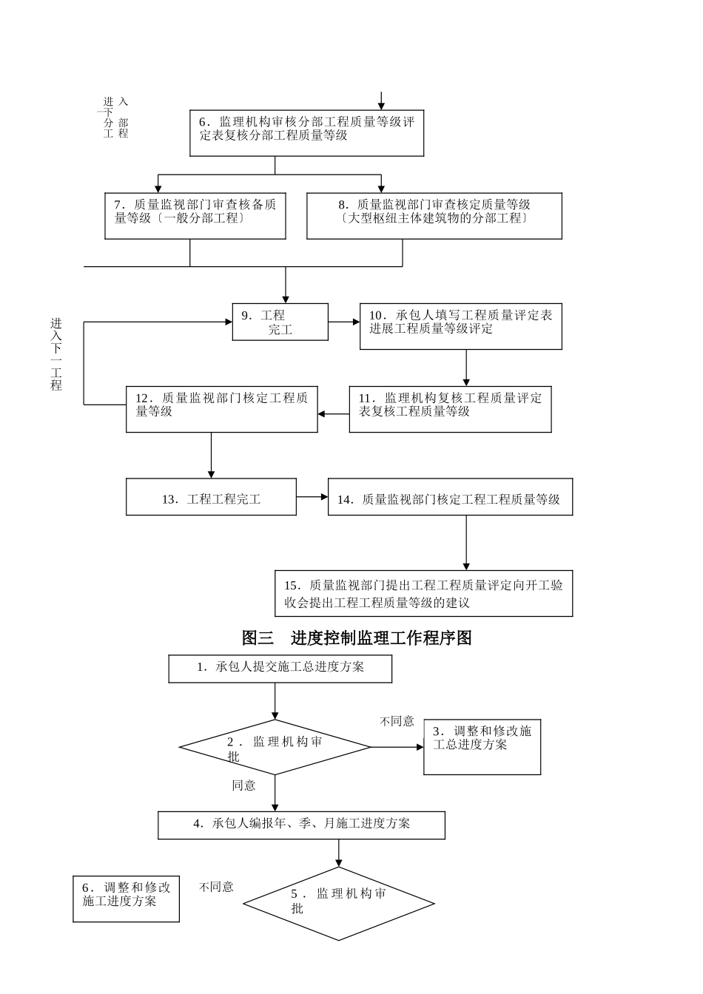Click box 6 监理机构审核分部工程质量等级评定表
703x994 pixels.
306,133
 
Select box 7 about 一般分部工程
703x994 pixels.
195,216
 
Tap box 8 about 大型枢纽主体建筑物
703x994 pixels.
434,216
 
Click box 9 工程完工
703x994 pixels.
280,322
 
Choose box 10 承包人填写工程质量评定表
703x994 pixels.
460,326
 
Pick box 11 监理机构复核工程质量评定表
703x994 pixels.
450,409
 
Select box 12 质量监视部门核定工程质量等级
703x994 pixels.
221,409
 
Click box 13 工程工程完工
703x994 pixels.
211,497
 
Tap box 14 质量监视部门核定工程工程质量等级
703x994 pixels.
450,497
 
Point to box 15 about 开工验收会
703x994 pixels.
423,593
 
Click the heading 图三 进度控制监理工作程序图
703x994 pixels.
357,638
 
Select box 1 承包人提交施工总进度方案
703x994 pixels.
280,669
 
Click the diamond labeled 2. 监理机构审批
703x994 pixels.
275,747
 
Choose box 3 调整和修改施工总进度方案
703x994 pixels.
482,747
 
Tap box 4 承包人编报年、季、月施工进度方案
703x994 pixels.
301,825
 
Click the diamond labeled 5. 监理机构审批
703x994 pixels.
338,903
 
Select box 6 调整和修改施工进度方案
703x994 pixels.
126,899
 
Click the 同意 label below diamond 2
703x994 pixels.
243,785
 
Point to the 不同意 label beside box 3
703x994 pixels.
397,721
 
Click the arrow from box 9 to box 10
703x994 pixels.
344,322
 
